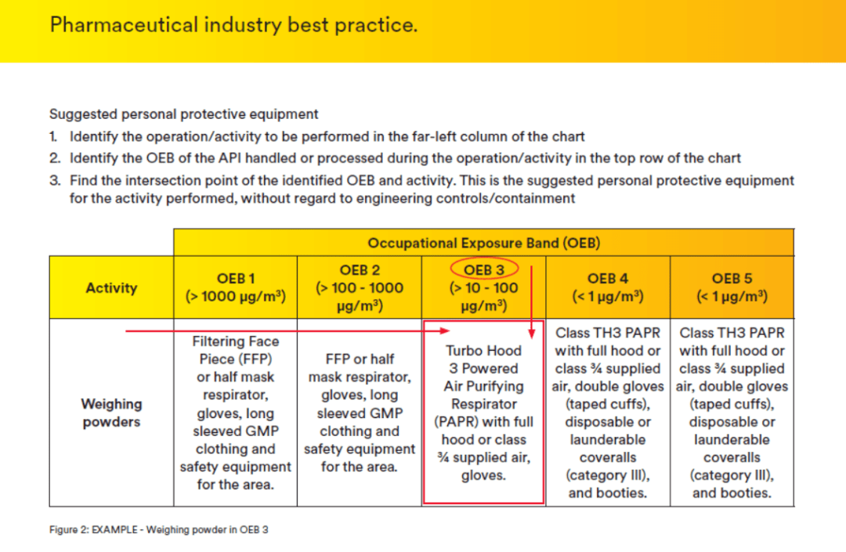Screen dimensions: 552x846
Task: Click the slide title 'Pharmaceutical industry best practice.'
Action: pos(233,25)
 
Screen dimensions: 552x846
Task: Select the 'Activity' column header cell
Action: pos(110,287)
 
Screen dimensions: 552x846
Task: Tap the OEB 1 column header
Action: pos(235,287)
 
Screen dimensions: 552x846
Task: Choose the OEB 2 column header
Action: pos(360,287)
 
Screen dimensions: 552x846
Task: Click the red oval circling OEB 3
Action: pos(483,269)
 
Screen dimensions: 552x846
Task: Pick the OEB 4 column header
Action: pos(607,287)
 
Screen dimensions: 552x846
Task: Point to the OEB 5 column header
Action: pos(732,287)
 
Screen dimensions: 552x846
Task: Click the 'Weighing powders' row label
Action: pos(111,413)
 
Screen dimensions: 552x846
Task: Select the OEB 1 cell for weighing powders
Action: pos(235,413)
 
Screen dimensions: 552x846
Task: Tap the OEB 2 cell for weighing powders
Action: pos(360,413)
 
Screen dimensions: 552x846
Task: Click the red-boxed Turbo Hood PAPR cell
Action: pos(483,413)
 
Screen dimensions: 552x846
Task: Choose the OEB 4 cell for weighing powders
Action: pos(607,413)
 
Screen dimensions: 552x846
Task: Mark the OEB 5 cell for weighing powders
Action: pos(732,413)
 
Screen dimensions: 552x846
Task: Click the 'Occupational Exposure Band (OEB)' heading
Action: pos(483,243)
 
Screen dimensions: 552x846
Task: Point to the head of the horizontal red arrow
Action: pos(448,331)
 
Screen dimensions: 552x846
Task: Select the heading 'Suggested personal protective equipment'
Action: pos(183,114)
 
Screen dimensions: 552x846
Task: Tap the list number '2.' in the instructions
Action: pos(55,158)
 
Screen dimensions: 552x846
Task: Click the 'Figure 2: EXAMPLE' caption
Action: pos(159,530)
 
